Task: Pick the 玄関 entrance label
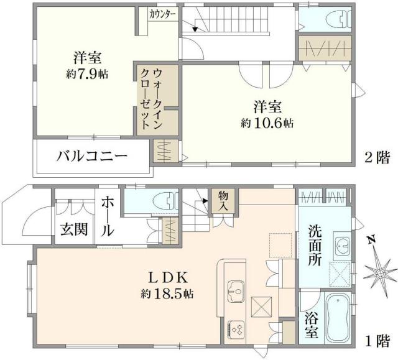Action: [74, 229]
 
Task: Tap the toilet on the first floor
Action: [152, 203]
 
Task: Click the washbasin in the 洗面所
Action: [341, 245]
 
